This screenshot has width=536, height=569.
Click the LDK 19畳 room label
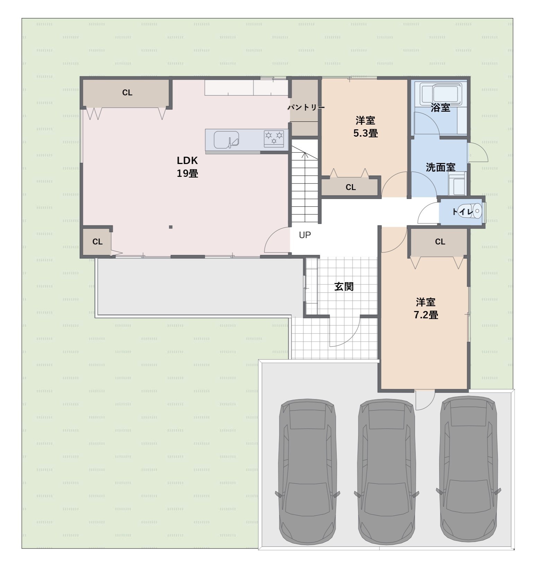(x=187, y=167)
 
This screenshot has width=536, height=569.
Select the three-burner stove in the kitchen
(x=274, y=138)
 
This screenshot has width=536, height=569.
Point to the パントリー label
(x=306, y=107)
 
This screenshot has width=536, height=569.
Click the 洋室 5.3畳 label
(x=365, y=127)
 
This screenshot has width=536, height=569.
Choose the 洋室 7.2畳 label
(x=426, y=308)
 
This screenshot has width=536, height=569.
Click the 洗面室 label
(x=440, y=167)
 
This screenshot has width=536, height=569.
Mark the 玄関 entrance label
(x=344, y=286)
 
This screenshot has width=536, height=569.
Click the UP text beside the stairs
(x=305, y=235)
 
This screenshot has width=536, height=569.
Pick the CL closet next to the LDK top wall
(x=127, y=93)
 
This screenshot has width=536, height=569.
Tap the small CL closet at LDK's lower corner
(x=97, y=242)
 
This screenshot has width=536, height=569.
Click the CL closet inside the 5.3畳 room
(x=351, y=187)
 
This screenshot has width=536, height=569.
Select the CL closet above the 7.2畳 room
(x=440, y=242)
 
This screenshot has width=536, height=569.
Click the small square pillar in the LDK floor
(x=170, y=227)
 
